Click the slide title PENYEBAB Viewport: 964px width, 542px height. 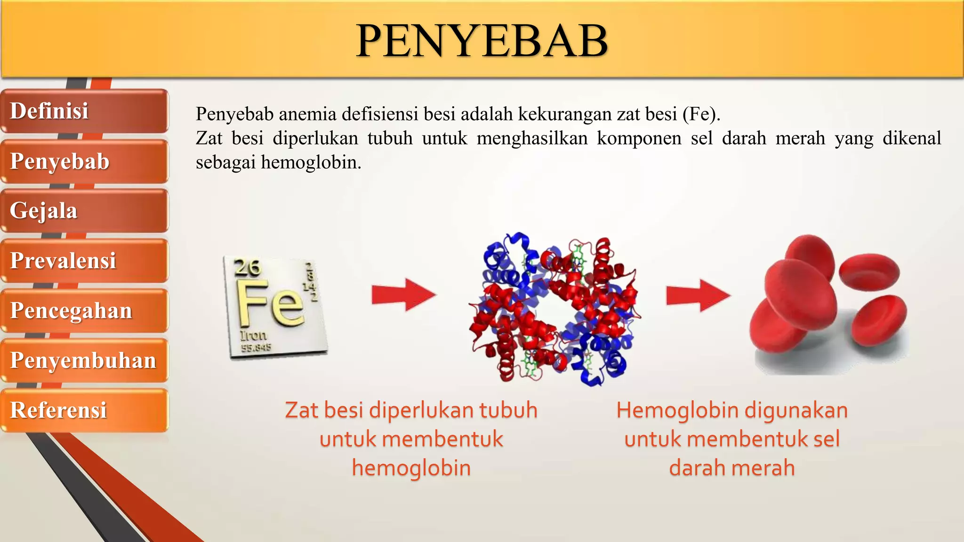click(x=482, y=41)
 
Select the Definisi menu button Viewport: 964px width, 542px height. click(x=84, y=111)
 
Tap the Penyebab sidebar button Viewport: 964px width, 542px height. click(x=84, y=161)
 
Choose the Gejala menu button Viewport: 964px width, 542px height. click(x=84, y=211)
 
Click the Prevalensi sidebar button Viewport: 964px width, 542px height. click(x=84, y=261)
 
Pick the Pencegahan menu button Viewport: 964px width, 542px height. click(x=84, y=311)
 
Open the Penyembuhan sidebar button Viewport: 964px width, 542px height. click(x=84, y=360)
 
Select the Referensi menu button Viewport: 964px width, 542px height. click(x=84, y=410)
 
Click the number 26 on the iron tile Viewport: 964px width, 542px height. click(x=247, y=268)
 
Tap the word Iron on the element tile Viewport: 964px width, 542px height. click(x=253, y=335)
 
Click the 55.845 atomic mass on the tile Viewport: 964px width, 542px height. click(x=256, y=348)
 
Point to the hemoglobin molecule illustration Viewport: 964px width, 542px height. click(x=554, y=309)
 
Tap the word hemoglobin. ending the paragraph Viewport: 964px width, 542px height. click(x=311, y=162)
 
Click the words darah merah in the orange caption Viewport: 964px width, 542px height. click(x=732, y=468)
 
